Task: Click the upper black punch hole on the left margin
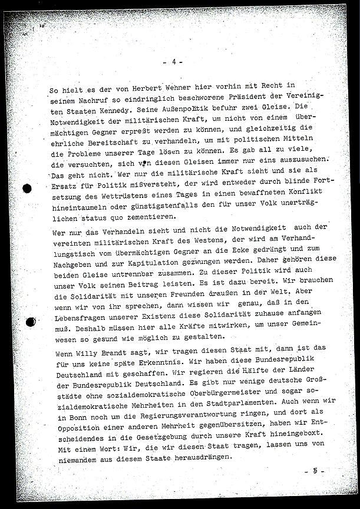click(x=27, y=190)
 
